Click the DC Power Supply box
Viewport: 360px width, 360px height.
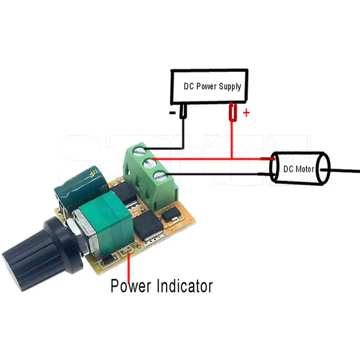tap(209, 86)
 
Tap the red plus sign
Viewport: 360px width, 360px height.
tap(246, 113)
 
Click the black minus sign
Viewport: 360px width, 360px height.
tap(172, 113)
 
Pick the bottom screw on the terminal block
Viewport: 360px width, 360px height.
tap(159, 176)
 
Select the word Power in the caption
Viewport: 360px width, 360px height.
tap(131, 286)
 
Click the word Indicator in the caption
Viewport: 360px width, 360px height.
tap(185, 286)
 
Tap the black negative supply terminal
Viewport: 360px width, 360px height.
tap(183, 112)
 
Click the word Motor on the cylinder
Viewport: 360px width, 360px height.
tap(305, 169)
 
